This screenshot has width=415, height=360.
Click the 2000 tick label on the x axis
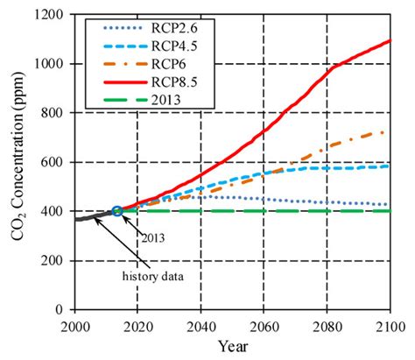pos(75,327)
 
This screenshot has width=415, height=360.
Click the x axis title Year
pos(232,347)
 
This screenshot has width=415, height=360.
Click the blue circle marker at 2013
pos(116,211)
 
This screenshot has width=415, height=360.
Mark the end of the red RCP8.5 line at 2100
pos(390,40)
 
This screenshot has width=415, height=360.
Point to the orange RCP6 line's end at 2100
pos(390,132)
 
